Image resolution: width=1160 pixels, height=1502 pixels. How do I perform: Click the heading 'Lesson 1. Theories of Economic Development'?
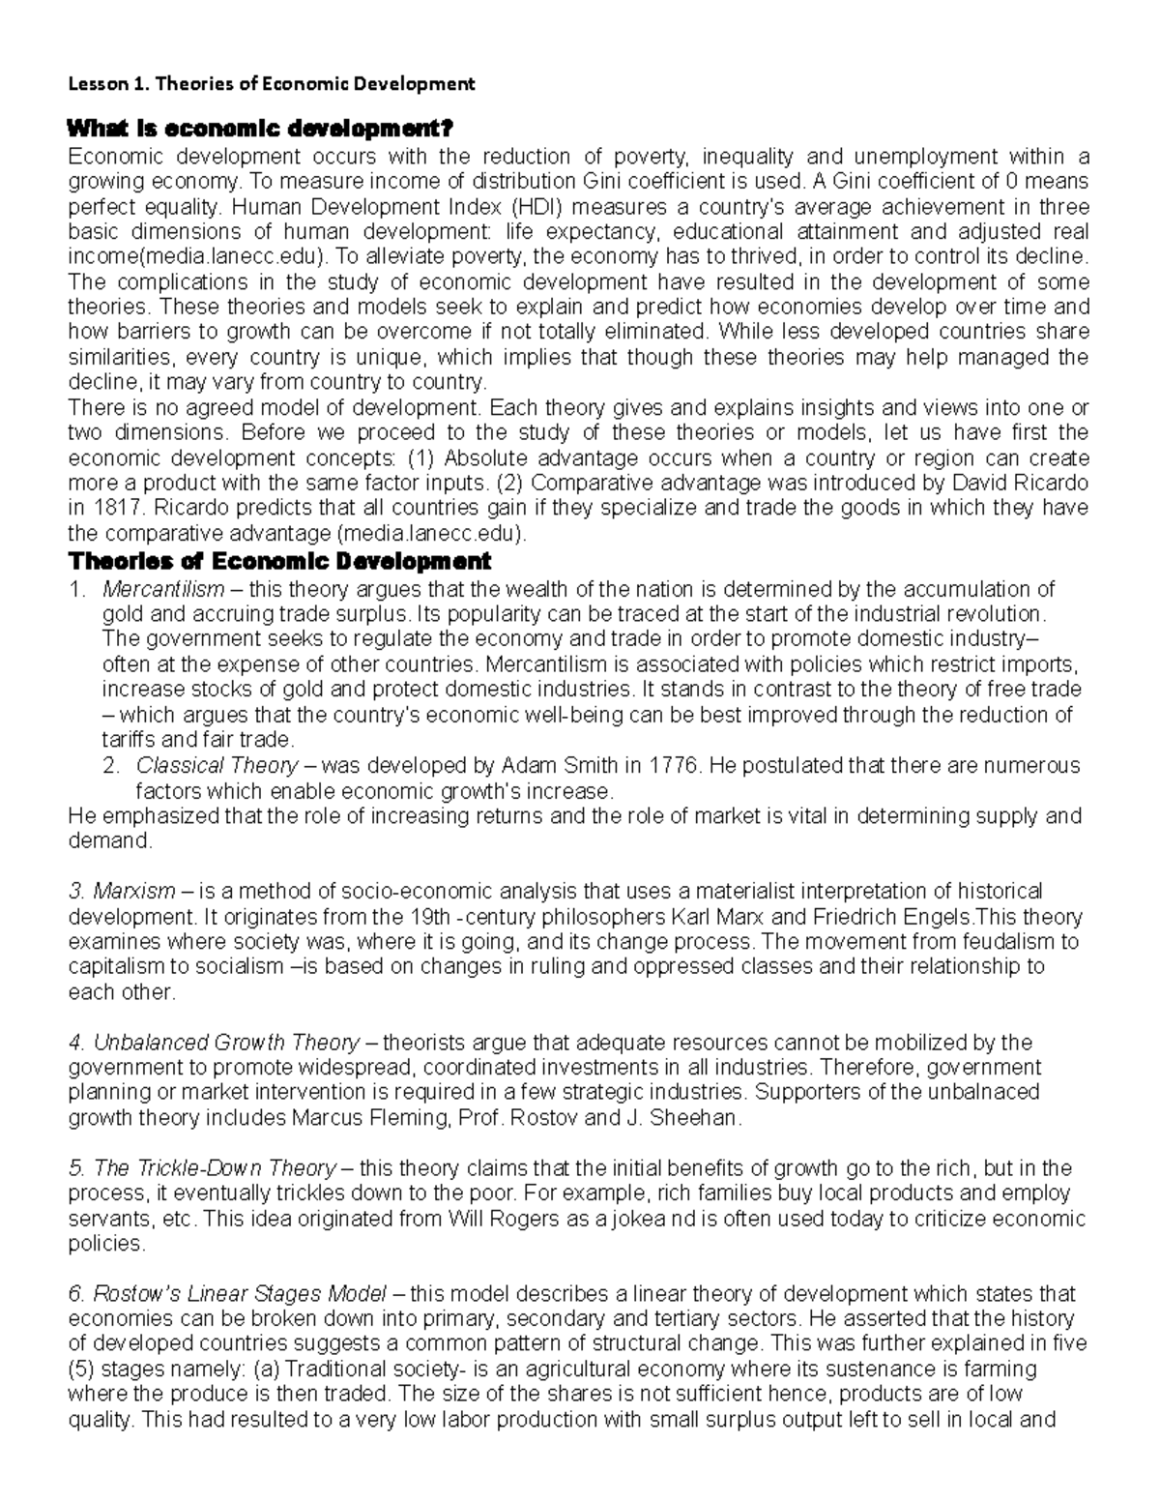click(271, 84)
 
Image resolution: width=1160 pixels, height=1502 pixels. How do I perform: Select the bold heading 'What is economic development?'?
click(257, 130)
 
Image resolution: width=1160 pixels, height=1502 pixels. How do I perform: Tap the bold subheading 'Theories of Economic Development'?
click(278, 562)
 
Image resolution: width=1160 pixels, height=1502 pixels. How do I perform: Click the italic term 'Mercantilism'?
click(162, 589)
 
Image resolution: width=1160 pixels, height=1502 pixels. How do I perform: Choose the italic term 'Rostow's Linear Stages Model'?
click(228, 1294)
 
